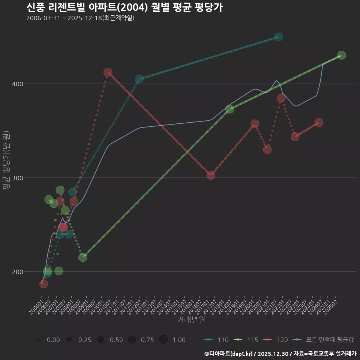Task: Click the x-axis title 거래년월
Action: [191, 320]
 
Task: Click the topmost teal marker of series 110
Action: [279, 37]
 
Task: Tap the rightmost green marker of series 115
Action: [341, 55]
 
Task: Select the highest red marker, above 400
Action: [108, 72]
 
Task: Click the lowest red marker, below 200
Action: [43, 284]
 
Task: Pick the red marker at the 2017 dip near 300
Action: [211, 175]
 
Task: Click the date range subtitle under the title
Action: [80, 18]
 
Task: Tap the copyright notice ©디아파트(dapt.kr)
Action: [230, 354]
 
